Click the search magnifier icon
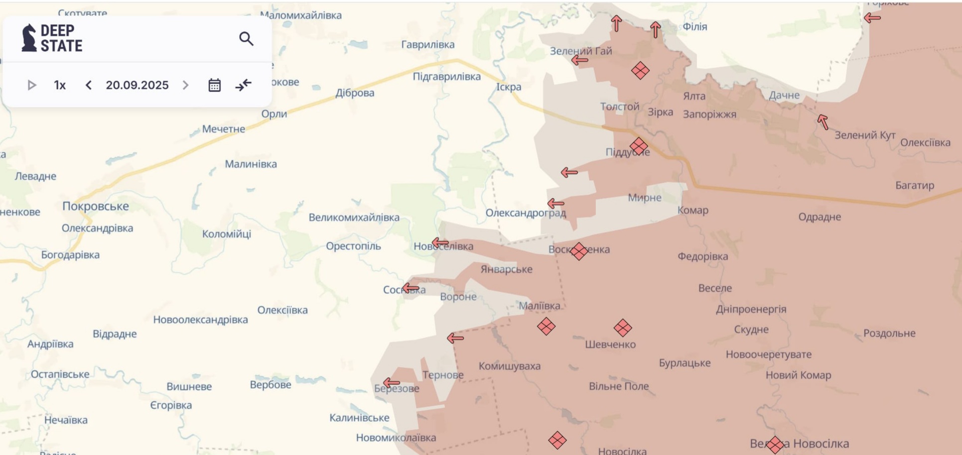click(x=246, y=39)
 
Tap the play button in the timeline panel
click(x=31, y=85)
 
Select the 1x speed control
click(x=60, y=85)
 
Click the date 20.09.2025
click(x=137, y=85)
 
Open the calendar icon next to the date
click(x=214, y=85)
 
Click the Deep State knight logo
click(x=29, y=38)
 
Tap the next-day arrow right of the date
click(x=185, y=85)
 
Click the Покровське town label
click(x=96, y=206)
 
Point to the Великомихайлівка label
click(x=354, y=218)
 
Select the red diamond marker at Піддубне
click(x=639, y=147)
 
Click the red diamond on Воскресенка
click(x=579, y=251)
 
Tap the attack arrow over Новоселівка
click(x=440, y=243)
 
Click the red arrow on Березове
click(x=392, y=383)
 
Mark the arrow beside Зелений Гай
click(x=579, y=60)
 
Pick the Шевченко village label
click(x=610, y=344)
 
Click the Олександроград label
click(x=526, y=213)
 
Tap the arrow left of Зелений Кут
click(x=823, y=121)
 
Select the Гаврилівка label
click(x=428, y=45)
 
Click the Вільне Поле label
click(x=619, y=386)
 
